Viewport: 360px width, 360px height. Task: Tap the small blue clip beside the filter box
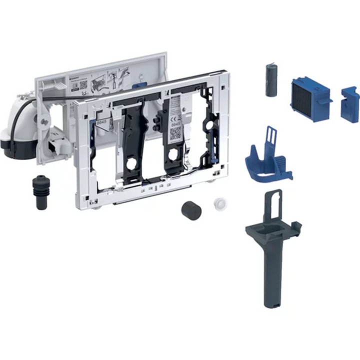pyautogui.click(x=349, y=103)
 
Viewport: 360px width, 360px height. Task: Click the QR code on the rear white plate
pyautogui.click(x=83, y=85)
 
